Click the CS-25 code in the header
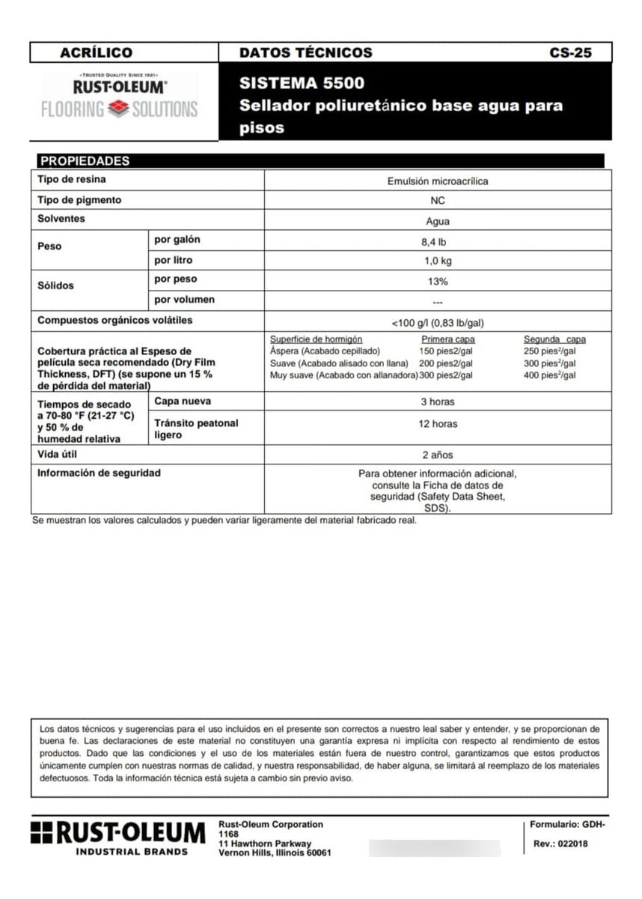569,53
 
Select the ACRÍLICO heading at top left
96,53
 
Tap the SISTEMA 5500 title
302,83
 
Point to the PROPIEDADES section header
85,161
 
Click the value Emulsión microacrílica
438,181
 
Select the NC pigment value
438,202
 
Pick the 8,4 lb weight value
438,242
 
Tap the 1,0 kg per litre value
438,261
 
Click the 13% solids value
438,282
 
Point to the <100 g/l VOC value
438,323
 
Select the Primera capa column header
448,339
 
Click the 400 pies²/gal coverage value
550,375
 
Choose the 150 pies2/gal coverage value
446,351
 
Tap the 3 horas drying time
438,402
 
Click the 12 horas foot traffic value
438,424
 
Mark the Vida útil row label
57,455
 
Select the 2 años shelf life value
438,455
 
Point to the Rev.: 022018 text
560,844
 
